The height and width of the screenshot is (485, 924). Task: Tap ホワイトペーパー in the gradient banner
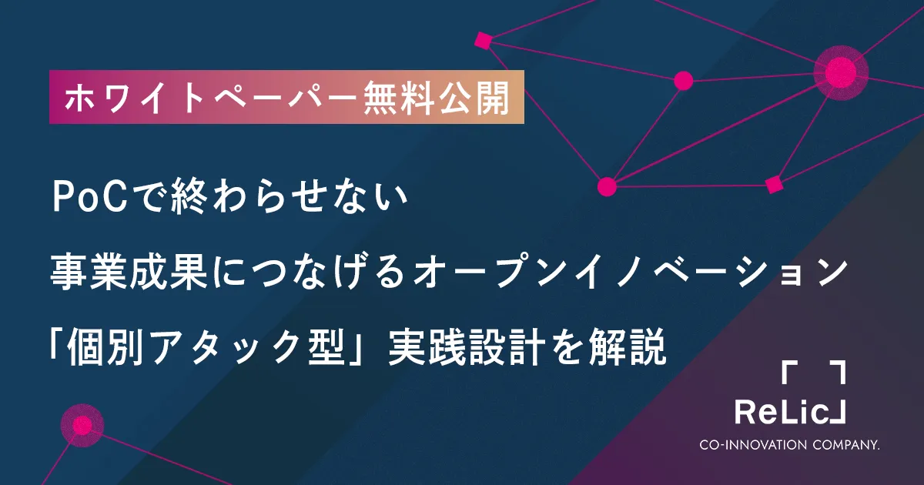coord(210,98)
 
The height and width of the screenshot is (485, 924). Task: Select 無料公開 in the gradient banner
coord(436,98)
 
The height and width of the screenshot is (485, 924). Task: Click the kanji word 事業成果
coord(129,272)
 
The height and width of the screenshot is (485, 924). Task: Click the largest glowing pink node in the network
coord(841,72)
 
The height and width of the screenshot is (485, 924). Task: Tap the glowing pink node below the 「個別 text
coord(82,425)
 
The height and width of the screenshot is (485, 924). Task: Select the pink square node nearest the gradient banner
coord(484,41)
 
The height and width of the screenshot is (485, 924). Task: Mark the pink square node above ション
coord(774,184)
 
